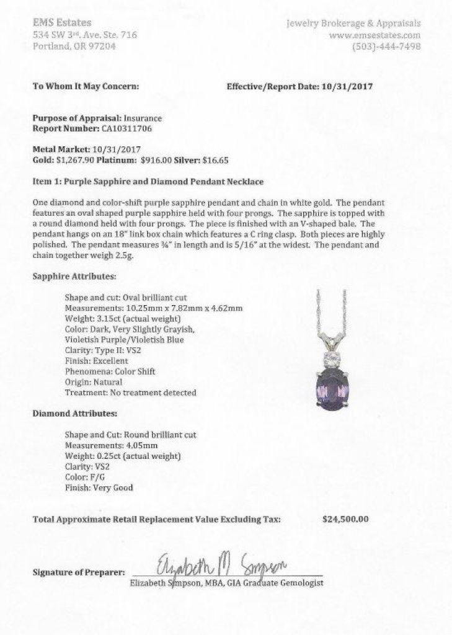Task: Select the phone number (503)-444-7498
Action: tap(386, 47)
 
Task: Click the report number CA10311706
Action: tap(126, 128)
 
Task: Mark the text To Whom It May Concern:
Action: tap(86, 86)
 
